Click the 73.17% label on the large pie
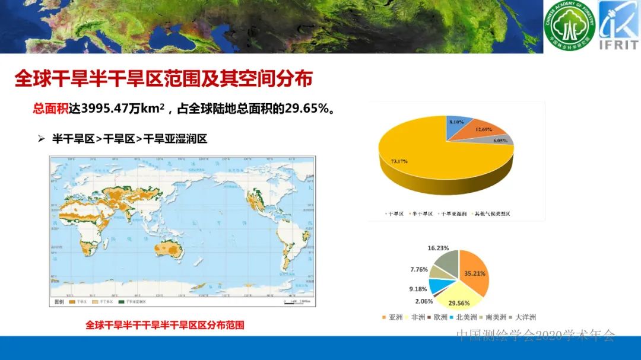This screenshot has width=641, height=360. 398,161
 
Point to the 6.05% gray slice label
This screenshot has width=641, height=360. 500,141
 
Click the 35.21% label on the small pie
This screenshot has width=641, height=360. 474,274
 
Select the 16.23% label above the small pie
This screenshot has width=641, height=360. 438,248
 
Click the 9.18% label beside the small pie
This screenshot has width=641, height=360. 418,289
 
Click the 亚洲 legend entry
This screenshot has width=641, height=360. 395,317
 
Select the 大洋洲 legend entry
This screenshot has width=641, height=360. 526,317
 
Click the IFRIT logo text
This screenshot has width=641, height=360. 618,45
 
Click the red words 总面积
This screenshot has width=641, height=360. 50,109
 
